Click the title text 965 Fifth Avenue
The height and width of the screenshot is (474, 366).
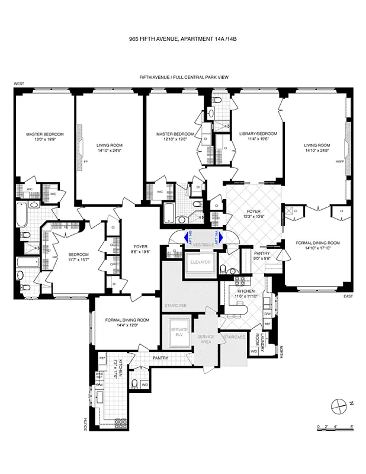[183, 39]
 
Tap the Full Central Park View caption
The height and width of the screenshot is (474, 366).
[183, 77]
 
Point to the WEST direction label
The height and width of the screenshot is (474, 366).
[19, 84]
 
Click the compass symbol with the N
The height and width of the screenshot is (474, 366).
[339, 405]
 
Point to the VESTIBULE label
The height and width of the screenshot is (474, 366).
[203, 244]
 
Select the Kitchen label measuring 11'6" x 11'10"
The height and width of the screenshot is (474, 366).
[246, 293]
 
